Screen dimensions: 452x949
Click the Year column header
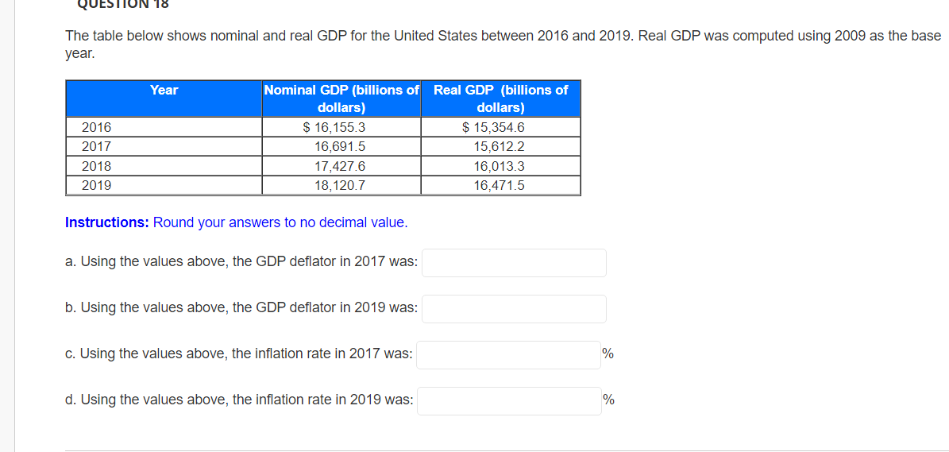[x=164, y=91]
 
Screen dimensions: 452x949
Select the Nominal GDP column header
[x=341, y=99]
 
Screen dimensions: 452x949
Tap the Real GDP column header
[x=500, y=99]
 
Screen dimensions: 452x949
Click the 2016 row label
[x=97, y=128]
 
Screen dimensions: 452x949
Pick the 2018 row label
[x=97, y=167]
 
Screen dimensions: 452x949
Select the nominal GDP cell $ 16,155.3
[x=334, y=128]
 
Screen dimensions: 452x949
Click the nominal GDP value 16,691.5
[x=340, y=147]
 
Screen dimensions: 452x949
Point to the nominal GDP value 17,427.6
[x=340, y=167]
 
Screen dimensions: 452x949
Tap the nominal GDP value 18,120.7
[x=340, y=186]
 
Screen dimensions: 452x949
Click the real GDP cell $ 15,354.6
[x=493, y=128]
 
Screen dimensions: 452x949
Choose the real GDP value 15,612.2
[x=499, y=147]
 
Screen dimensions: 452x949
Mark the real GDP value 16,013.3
[x=499, y=167]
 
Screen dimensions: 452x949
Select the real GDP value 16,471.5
[x=499, y=186]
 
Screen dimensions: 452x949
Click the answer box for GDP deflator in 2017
[x=514, y=263]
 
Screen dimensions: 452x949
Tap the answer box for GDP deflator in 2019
[x=514, y=309]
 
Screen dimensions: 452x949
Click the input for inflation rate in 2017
[x=508, y=355]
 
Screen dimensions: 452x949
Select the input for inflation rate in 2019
[x=508, y=401]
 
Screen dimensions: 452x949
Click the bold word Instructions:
[x=107, y=222]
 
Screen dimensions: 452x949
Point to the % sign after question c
[x=608, y=354]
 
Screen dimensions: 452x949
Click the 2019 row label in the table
[x=97, y=186]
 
